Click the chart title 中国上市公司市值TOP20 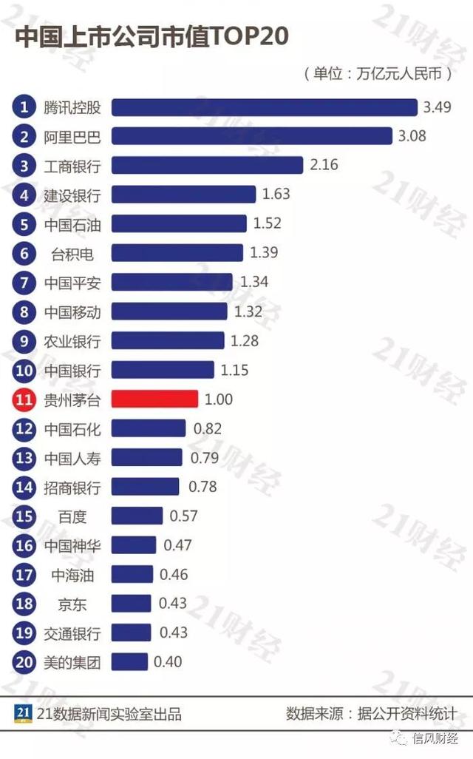click(152, 38)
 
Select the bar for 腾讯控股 click(264, 107)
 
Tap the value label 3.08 click(412, 136)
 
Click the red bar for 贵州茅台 click(154, 399)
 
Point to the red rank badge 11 click(24, 399)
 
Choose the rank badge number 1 click(24, 107)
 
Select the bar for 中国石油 click(179, 224)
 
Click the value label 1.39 click(264, 253)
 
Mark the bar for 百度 click(137, 516)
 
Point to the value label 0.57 click(184, 516)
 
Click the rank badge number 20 click(24, 662)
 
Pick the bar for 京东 click(131, 604)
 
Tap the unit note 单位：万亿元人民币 click(377, 74)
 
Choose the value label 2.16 click(324, 165)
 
